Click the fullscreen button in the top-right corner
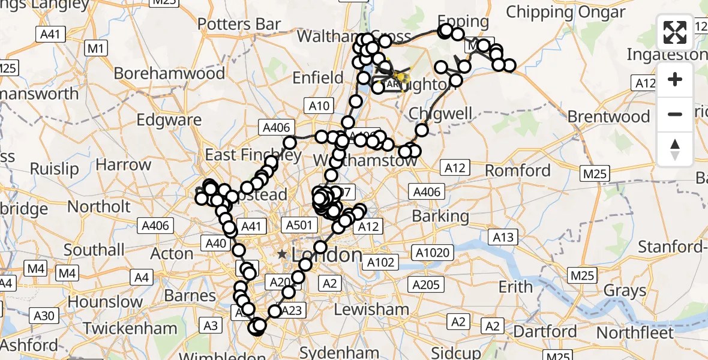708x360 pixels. tap(675, 32)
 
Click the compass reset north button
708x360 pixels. tap(675, 150)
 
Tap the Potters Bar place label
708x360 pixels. tap(239, 24)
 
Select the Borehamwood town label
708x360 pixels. tap(169, 73)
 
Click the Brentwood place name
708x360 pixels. tap(609, 116)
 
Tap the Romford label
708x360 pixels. tap(518, 170)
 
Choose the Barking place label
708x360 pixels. tap(441, 216)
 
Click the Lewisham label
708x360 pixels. tap(371, 309)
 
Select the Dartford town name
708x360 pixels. tap(545, 331)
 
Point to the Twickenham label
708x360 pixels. tap(130, 328)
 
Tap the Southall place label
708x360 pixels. tap(94, 249)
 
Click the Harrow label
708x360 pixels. tap(124, 164)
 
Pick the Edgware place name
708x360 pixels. tap(169, 119)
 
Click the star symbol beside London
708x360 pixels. tap(282, 254)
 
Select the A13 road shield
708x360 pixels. tap(502, 238)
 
